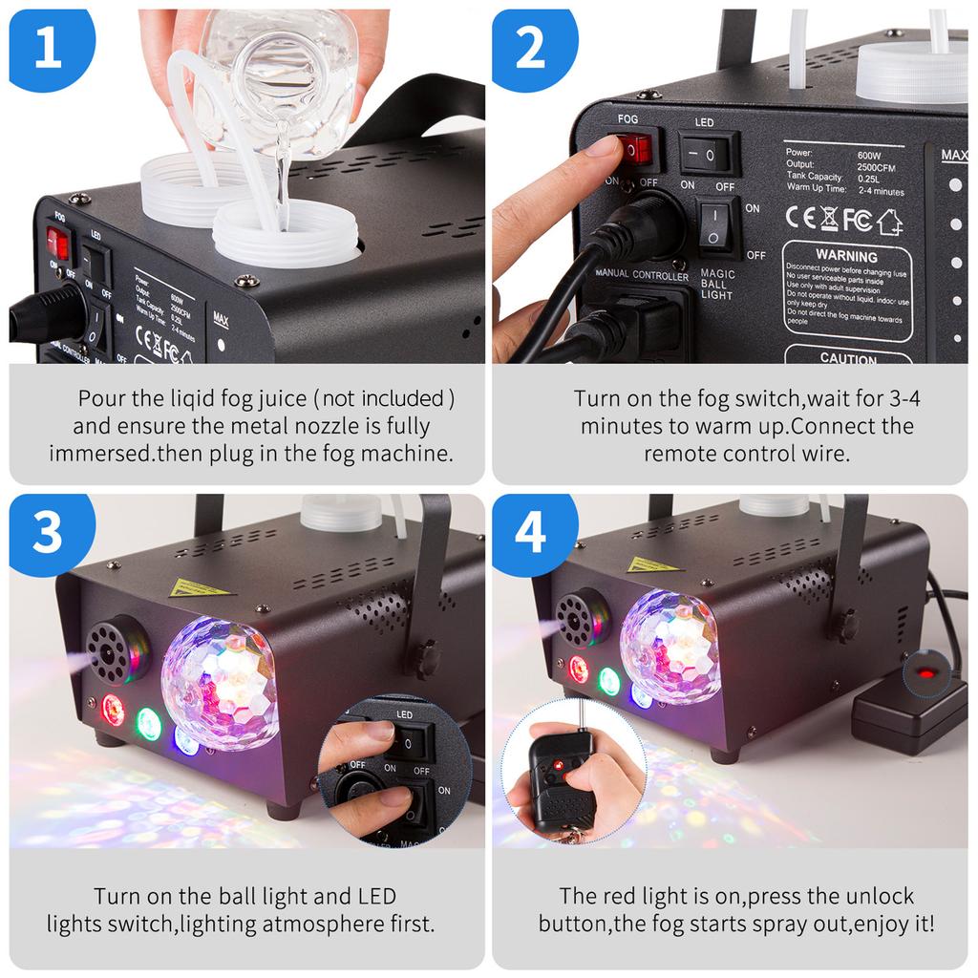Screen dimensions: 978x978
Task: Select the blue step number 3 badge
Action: [x=48, y=535]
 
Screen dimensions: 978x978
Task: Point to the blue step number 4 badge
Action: [x=531, y=535]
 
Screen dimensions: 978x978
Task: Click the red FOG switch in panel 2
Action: [x=637, y=150]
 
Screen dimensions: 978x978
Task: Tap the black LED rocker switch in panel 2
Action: [x=709, y=152]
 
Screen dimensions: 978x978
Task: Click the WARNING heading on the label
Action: [x=846, y=256]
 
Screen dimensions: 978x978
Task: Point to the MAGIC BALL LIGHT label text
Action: [x=717, y=284]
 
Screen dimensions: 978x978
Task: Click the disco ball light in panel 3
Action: [x=219, y=682]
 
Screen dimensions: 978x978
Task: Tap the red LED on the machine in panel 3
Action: [x=113, y=709]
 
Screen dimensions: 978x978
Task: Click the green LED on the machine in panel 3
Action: [x=148, y=722]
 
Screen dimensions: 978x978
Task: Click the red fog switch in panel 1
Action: [x=60, y=244]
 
